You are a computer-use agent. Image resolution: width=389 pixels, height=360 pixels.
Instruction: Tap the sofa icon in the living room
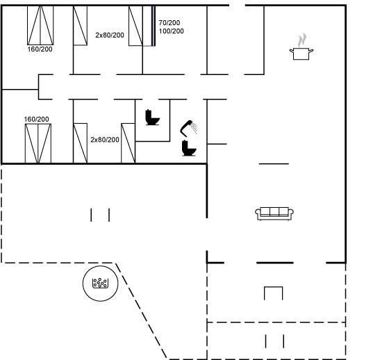(x=274, y=213)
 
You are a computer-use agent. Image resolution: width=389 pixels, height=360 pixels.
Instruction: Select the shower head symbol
(x=186, y=128)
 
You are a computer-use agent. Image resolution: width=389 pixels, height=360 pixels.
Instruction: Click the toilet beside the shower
(x=189, y=148)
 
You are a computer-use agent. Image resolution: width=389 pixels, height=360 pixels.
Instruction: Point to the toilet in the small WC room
(x=152, y=117)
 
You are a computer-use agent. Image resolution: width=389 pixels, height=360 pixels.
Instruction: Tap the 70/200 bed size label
(x=169, y=23)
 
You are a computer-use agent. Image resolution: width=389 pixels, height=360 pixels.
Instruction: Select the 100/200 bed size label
(x=172, y=31)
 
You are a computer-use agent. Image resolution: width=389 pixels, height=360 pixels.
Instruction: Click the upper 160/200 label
(x=40, y=49)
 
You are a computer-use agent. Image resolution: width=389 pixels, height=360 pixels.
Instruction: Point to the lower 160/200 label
(x=36, y=119)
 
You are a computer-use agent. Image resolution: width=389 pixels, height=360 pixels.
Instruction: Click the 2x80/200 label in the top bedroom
(x=110, y=35)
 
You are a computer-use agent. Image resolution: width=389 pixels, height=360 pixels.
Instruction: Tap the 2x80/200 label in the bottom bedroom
(x=105, y=140)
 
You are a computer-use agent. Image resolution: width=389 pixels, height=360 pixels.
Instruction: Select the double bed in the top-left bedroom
(x=40, y=25)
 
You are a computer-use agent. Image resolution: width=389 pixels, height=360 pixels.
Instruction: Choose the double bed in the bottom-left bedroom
(x=38, y=143)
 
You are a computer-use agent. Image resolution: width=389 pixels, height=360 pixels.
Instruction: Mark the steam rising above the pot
(x=302, y=40)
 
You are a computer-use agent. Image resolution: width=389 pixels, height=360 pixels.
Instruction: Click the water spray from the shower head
(x=194, y=128)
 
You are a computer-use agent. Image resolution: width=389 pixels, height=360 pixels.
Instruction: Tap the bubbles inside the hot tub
(x=100, y=283)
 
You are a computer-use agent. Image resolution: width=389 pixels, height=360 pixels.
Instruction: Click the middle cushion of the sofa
(x=274, y=211)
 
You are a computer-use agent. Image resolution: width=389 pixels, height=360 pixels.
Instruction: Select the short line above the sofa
(x=274, y=164)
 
